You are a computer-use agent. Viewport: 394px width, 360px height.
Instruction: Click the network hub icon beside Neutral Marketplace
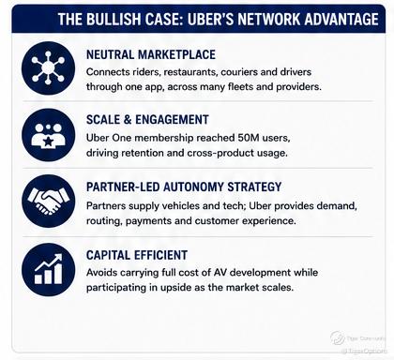pyautogui.click(x=48, y=68)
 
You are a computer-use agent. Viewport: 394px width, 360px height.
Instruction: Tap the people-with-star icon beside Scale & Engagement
pyautogui.click(x=48, y=135)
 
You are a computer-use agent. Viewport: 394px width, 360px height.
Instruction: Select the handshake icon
pyautogui.click(x=48, y=201)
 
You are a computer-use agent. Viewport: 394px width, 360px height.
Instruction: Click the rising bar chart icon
pyautogui.click(x=48, y=270)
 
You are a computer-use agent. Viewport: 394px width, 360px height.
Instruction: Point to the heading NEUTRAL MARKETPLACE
pyautogui.click(x=151, y=54)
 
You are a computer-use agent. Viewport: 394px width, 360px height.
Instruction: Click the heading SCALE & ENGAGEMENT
pyautogui.click(x=147, y=120)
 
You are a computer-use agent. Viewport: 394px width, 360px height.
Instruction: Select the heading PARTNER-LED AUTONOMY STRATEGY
pyautogui.click(x=184, y=187)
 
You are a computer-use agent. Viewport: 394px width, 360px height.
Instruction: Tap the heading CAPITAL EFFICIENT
pyautogui.click(x=137, y=255)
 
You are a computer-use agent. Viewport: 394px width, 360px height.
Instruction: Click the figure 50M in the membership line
pyautogui.click(x=249, y=138)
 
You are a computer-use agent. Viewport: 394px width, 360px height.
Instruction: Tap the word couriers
pyautogui.click(x=239, y=72)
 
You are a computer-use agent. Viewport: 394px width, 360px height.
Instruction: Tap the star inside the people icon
pyautogui.click(x=48, y=142)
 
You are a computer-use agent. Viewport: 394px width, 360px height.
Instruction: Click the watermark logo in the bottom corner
pyautogui.click(x=338, y=338)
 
